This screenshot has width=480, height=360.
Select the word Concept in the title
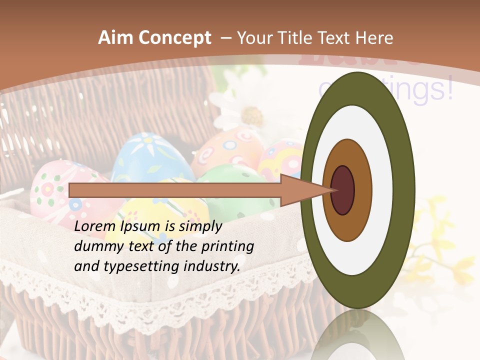tap(174, 38)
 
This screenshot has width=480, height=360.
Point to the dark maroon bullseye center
tap(342, 190)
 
